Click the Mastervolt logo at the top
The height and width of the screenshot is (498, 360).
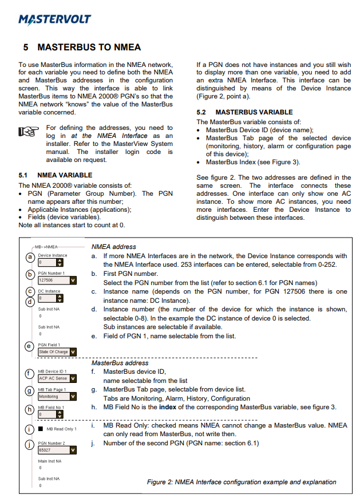coord(54,19)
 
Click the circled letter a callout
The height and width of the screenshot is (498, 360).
coord(29,258)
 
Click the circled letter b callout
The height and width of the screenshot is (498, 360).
coord(29,275)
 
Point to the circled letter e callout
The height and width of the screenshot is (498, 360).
coord(29,346)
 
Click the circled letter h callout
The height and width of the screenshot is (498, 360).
coord(29,409)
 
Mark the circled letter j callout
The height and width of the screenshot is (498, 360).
coord(29,445)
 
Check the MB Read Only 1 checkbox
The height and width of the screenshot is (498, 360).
coord(41,429)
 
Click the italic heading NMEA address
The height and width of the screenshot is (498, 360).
coord(113,247)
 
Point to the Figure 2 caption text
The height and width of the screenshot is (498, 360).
coord(242,482)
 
